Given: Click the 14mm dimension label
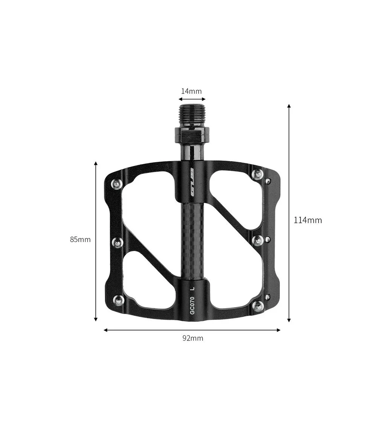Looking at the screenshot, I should click(x=191, y=91).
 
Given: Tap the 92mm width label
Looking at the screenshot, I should click(x=193, y=338).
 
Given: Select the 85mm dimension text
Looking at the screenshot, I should click(x=80, y=239).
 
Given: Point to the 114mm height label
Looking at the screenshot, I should click(x=308, y=220).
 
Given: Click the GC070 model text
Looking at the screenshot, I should click(x=192, y=305).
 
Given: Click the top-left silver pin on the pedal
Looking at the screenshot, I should click(x=117, y=184).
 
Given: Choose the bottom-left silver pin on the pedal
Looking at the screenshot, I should click(x=119, y=300).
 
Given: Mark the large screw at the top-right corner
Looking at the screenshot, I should click(x=258, y=174).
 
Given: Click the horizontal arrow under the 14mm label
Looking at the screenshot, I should click(x=192, y=99).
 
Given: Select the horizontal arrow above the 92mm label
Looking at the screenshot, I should click(x=192, y=330).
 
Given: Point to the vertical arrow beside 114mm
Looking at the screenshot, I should click(x=289, y=213).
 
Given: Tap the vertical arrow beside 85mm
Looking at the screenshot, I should click(x=96, y=241).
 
